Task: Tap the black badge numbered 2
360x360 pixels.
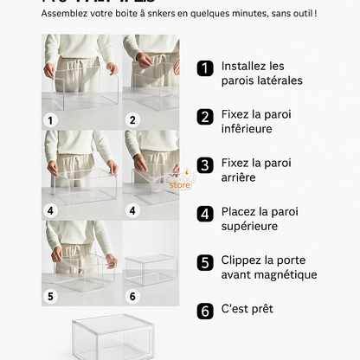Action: pos(205,117)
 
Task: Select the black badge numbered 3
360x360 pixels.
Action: pos(205,165)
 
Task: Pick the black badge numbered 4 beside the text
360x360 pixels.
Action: pos(205,214)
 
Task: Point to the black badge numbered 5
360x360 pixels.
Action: pos(205,262)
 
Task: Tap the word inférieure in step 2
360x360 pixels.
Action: pos(247,129)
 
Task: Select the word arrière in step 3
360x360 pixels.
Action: pos(242,177)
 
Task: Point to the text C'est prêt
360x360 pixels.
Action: pos(247,309)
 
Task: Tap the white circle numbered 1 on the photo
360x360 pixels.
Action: pos(50,120)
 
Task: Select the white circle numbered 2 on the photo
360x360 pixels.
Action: pos(132,120)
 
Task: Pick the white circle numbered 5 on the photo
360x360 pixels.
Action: pos(50,296)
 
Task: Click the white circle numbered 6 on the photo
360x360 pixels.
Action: pos(132,296)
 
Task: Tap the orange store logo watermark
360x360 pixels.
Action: pos(180,180)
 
